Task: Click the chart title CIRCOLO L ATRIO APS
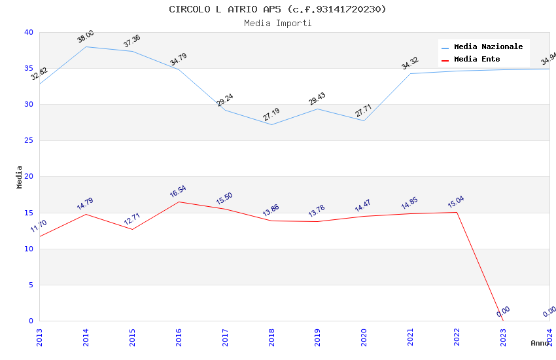click(277, 9)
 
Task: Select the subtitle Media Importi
click(277, 24)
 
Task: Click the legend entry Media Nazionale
click(488, 47)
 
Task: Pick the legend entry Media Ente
click(477, 60)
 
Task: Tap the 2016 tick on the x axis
click(179, 337)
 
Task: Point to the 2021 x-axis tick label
click(410, 337)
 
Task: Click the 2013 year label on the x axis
click(39, 337)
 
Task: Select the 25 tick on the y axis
click(28, 141)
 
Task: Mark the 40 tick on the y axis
click(28, 33)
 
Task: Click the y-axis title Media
click(20, 177)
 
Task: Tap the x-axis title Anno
click(540, 343)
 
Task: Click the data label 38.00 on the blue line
click(85, 37)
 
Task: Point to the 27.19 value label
click(271, 115)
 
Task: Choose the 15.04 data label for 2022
click(456, 202)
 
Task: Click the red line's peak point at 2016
click(179, 202)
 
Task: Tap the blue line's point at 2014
click(86, 46)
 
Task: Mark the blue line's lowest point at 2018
click(271, 124)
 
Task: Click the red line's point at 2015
click(132, 229)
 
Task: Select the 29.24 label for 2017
click(224, 100)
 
